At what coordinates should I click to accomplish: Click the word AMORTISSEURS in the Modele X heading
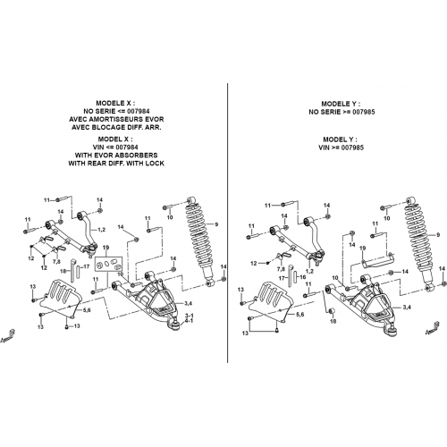(115, 119)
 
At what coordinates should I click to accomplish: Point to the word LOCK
(155, 164)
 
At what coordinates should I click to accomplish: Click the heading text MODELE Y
(341, 104)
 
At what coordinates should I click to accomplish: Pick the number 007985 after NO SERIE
(364, 112)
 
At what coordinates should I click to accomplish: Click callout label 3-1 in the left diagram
(190, 316)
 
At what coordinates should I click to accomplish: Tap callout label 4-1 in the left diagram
(190, 321)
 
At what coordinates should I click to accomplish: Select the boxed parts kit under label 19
(108, 264)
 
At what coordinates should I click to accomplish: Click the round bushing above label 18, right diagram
(332, 312)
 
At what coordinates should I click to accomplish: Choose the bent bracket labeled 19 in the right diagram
(378, 259)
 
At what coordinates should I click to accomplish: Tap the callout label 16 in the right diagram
(303, 277)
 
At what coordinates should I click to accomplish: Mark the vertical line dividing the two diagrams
(227, 223)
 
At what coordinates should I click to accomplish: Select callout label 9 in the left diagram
(216, 224)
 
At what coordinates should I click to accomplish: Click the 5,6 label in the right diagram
(299, 315)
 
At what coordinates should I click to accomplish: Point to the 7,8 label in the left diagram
(56, 262)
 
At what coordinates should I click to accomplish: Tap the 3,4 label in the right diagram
(406, 308)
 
